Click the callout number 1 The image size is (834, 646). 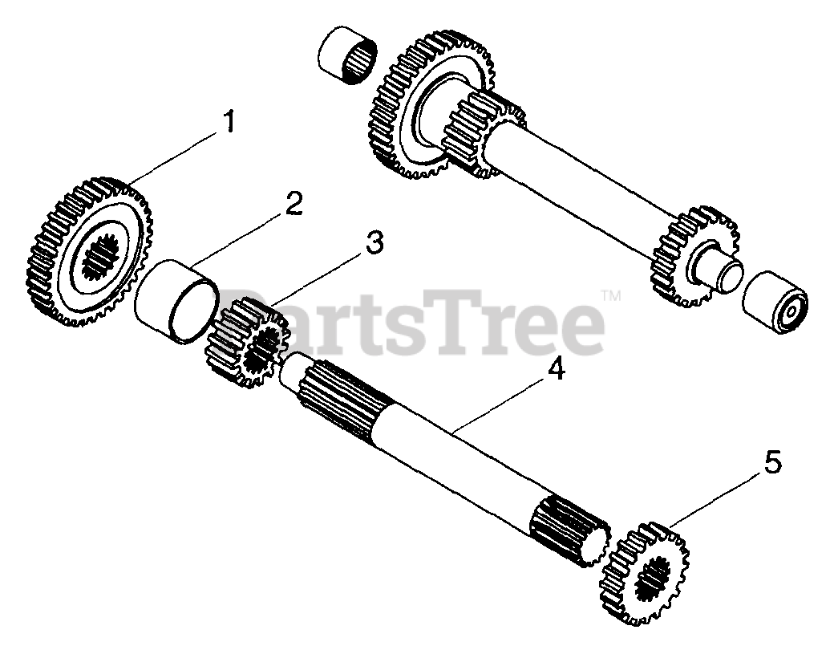point(229,123)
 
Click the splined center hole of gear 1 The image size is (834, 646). point(101,258)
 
